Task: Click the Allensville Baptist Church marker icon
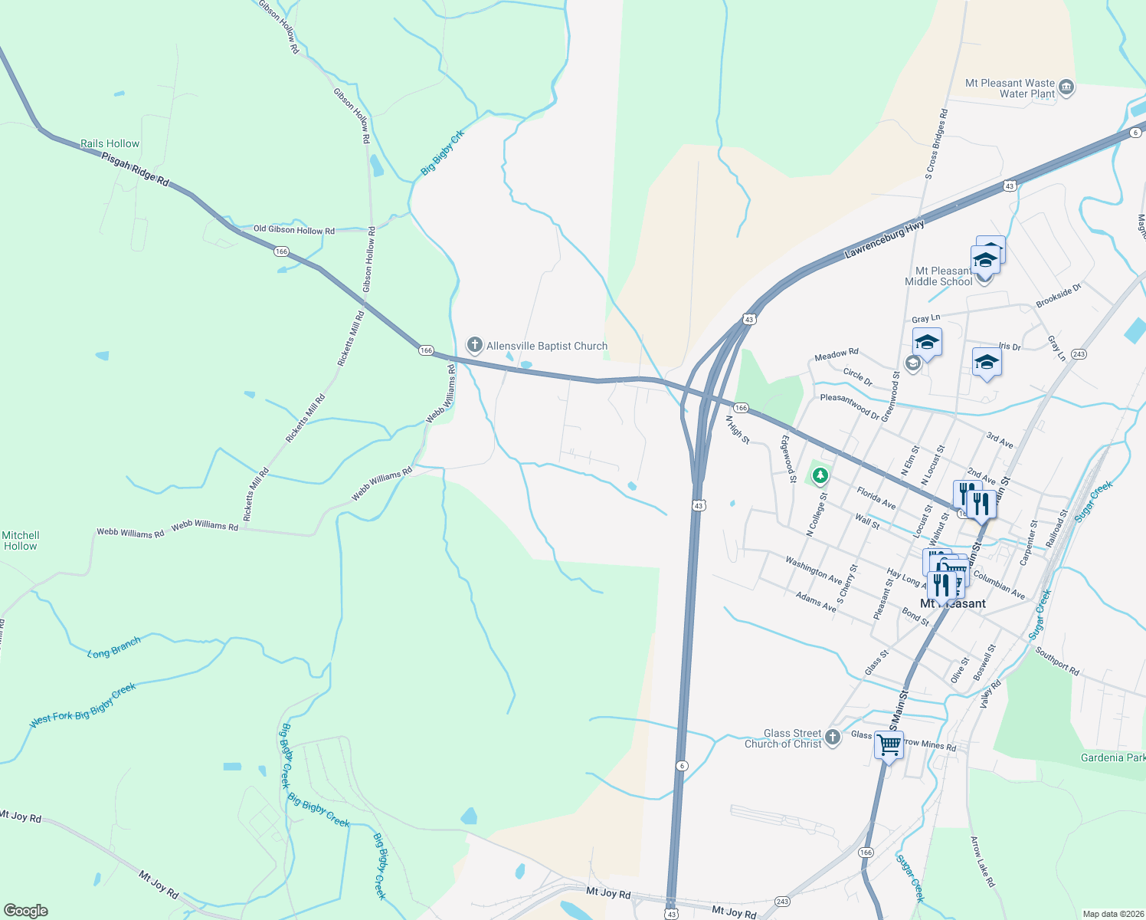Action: point(475,345)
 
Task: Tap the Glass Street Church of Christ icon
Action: point(833,738)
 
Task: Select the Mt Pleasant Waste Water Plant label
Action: point(1010,88)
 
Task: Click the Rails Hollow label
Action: point(110,143)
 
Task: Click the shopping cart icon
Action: point(889,744)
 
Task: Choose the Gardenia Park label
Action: point(1112,757)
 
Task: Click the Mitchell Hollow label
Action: point(21,540)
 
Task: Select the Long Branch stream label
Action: point(114,648)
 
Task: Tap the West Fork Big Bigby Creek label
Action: point(83,706)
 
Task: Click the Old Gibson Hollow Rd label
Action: point(294,229)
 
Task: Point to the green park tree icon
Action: point(820,476)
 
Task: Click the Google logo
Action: point(25,910)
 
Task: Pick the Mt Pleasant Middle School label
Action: point(939,276)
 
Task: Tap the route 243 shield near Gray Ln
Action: point(1079,354)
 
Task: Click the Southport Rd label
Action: point(1057,661)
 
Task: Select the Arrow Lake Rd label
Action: point(983,862)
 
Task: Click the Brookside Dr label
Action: point(1059,295)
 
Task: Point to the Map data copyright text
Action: point(1112,914)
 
